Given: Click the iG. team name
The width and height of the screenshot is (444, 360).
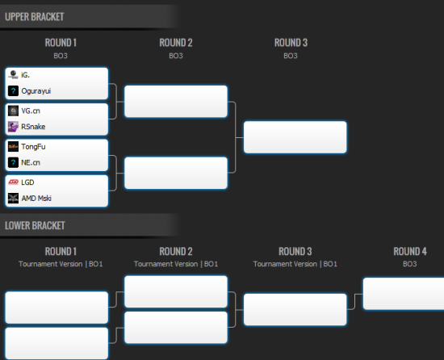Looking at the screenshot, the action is (x=25, y=75).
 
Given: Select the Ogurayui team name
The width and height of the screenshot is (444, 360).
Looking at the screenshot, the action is (x=36, y=91).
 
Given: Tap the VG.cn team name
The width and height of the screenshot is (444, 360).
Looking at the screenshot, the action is (x=31, y=111).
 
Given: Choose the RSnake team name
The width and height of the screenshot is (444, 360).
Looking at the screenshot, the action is (x=33, y=127).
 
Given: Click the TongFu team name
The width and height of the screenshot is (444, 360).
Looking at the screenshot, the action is (x=33, y=147).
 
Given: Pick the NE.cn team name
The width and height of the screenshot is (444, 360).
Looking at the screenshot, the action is (x=31, y=162).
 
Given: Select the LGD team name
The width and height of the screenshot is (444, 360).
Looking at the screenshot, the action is (x=27, y=182).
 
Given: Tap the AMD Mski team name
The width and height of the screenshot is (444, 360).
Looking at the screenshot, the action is (x=36, y=198).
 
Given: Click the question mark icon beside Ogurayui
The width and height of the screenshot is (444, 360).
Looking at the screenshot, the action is (x=13, y=91).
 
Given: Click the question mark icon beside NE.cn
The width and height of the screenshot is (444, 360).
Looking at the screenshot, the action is (x=13, y=162).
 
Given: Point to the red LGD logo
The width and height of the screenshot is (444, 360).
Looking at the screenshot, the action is (x=13, y=182).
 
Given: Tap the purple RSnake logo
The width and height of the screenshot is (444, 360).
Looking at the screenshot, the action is (x=13, y=127).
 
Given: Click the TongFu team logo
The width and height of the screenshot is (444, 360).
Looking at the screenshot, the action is (x=13, y=147).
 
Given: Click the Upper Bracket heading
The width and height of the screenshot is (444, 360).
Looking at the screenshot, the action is (x=34, y=17).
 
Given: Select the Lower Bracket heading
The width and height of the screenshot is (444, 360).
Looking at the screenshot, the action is (x=35, y=225).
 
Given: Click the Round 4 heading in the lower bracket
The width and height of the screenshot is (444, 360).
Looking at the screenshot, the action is (x=410, y=251).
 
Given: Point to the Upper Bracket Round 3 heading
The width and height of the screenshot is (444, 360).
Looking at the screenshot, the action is (x=291, y=43).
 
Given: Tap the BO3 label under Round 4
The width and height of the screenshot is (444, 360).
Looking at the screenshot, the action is (x=410, y=264).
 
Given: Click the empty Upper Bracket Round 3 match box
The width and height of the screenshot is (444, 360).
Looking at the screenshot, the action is (x=295, y=137).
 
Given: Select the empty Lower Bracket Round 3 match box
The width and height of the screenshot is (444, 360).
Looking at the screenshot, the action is (x=295, y=310).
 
